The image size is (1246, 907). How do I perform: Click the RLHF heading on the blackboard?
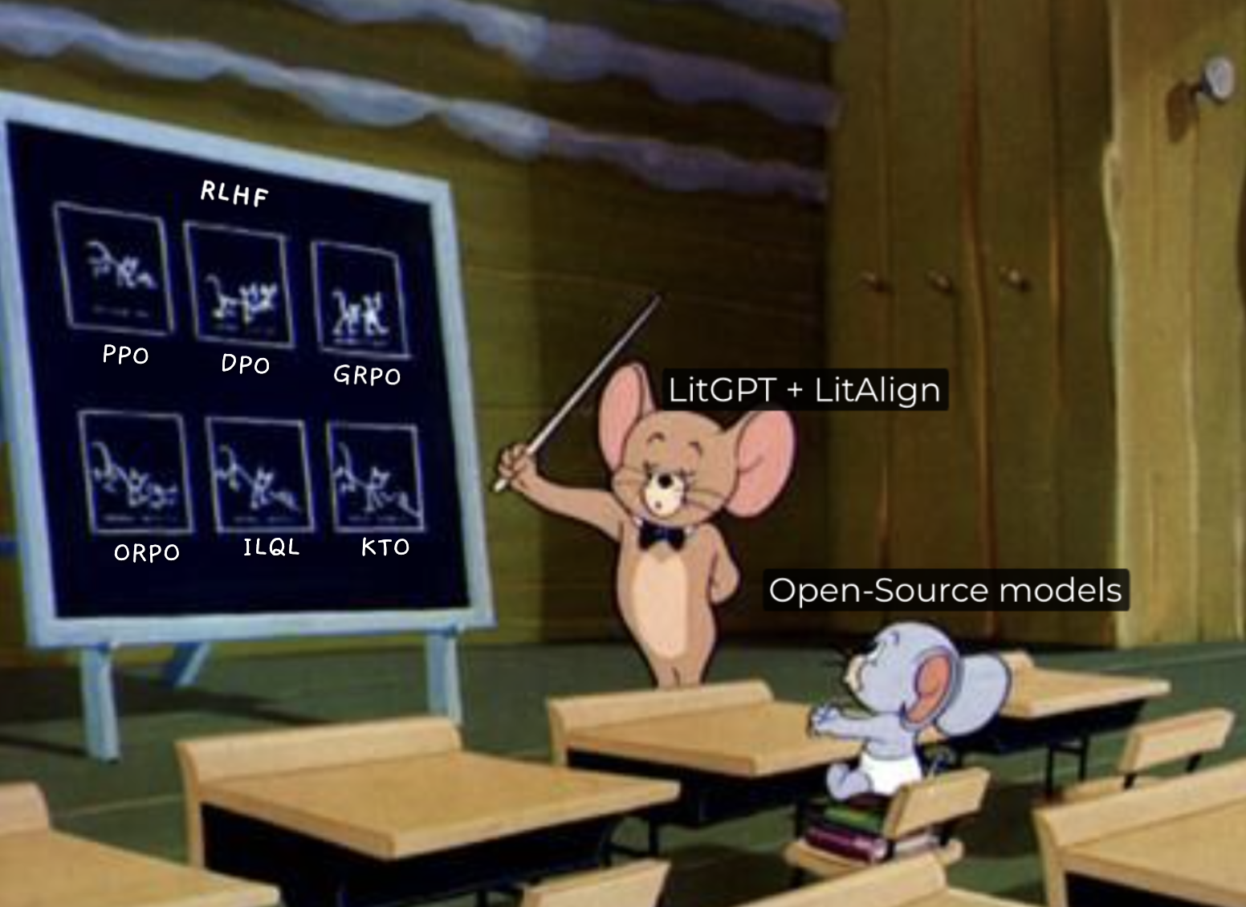pos(234,193)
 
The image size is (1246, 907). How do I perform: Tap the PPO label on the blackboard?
pos(126,354)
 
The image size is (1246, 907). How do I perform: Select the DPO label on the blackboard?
pos(246,364)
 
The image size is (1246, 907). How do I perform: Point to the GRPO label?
pos(367,376)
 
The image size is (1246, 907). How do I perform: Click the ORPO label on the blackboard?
pos(147,552)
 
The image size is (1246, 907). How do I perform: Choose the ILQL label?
pos(271,547)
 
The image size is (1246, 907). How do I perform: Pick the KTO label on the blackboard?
pos(385,547)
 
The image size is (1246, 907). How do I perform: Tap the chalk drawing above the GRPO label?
pos(360,299)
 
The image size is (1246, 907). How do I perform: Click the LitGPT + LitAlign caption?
pos(804,389)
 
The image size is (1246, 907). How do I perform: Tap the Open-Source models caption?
pos(945,589)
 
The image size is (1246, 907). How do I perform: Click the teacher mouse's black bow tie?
pos(661,537)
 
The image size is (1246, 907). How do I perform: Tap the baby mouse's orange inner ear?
pos(936,689)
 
